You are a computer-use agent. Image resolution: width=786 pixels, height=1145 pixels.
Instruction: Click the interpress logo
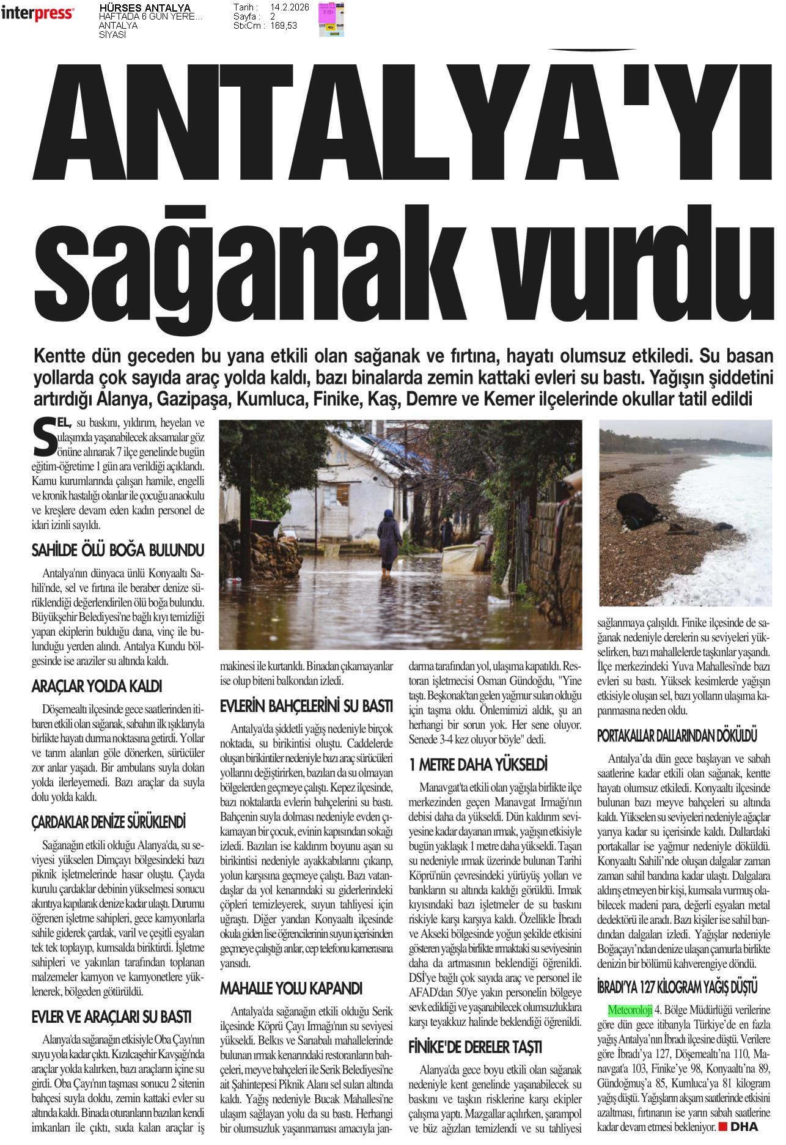coord(37,13)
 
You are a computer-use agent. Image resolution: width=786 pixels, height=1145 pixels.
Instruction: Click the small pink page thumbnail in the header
coord(331,19)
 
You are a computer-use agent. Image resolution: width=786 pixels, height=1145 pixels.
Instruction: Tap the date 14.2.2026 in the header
coord(289,7)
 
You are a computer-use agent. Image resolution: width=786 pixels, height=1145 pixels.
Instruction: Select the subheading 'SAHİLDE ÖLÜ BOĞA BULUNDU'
coord(117,551)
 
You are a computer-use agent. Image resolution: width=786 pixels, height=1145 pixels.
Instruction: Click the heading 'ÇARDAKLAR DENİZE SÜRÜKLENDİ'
coord(108,822)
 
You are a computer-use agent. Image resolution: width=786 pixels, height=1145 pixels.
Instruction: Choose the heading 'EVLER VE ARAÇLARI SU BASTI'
coord(111,1017)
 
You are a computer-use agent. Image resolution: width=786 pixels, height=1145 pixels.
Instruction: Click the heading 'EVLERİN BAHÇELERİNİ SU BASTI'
coord(306,707)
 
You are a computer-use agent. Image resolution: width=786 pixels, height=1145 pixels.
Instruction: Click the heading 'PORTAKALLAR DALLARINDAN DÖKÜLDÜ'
coord(677,735)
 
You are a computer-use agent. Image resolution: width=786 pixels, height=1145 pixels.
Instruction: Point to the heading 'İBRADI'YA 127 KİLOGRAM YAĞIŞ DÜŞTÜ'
coord(677,987)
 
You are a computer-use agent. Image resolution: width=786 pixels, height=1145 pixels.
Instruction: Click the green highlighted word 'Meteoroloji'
coord(630,1010)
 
